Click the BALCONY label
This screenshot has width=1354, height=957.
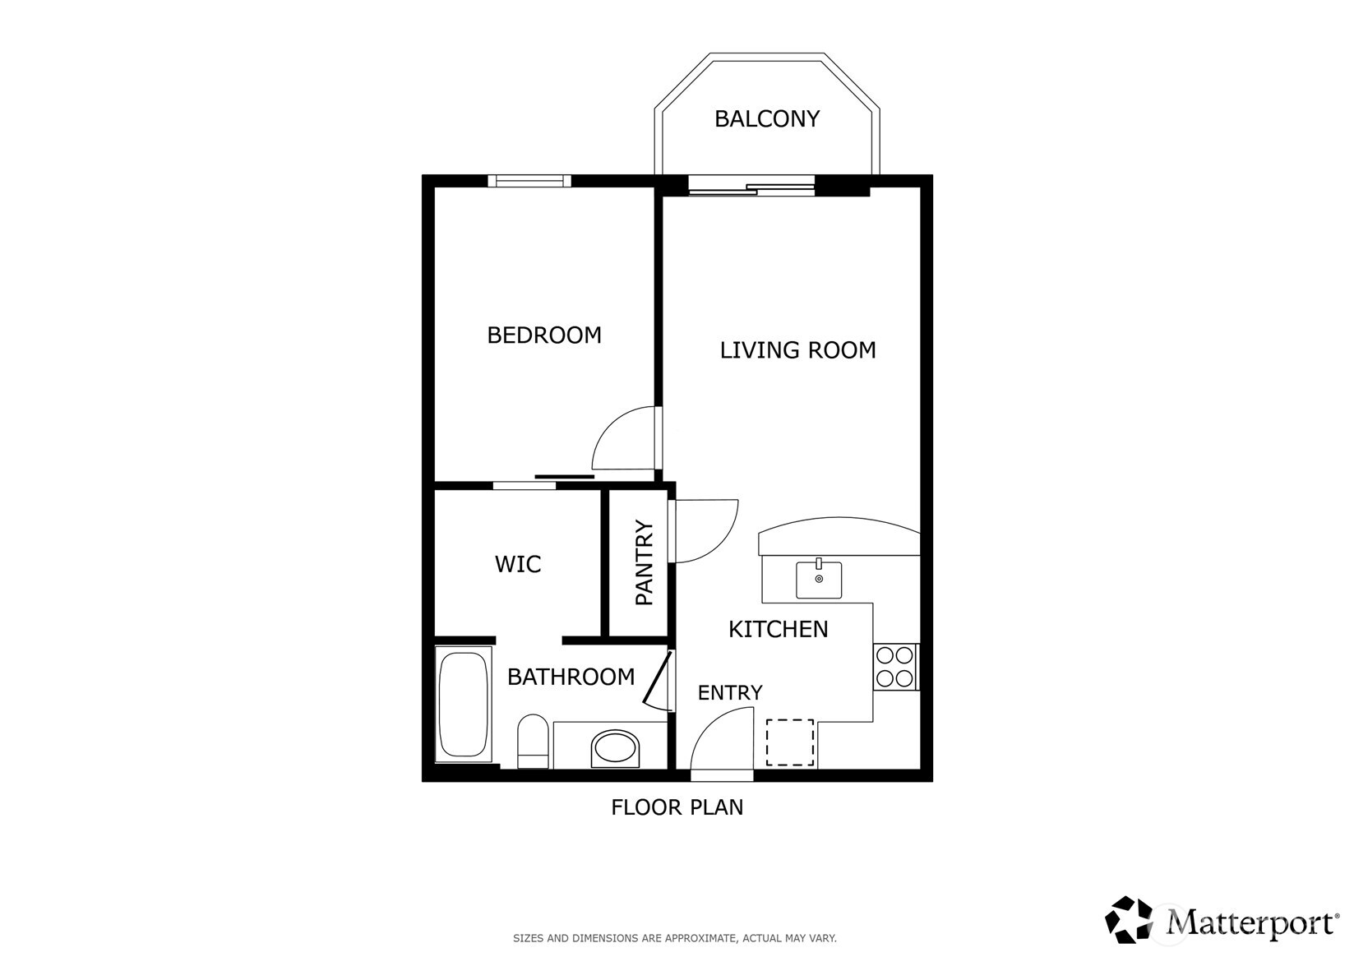pos(766,119)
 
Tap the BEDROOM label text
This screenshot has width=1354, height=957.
pos(544,335)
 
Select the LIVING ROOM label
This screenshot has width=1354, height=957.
pos(797,350)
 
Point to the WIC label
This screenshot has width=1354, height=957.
pos(518,565)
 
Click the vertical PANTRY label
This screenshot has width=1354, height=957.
pos(645,563)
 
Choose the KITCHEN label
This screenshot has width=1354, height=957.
pos(778,630)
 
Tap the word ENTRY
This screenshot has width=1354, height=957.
pos(730,693)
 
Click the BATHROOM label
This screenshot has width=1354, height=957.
pos(571,677)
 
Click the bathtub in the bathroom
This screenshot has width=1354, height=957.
pos(464,705)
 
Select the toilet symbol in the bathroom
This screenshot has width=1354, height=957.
pos(534,739)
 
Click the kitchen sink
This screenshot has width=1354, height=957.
pos(819,580)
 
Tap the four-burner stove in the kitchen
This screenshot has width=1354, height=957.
pos(895,667)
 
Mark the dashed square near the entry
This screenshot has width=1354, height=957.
pos(790,742)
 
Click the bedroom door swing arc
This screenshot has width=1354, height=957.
pos(623,439)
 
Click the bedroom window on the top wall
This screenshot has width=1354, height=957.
pos(529,181)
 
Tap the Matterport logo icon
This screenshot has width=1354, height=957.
pos(1130,919)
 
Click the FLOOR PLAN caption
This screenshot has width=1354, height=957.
pos(677,807)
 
